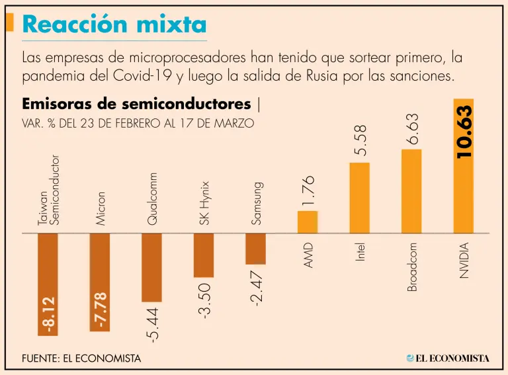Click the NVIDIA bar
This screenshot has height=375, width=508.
click(463, 198)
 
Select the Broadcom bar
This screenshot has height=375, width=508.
click(411, 192)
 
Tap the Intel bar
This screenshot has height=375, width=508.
click(359, 198)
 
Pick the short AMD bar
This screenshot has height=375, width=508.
click(308, 222)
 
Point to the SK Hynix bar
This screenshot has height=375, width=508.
click(204, 255)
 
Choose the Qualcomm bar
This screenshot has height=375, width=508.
click(151, 268)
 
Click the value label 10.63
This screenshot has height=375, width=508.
click(464, 132)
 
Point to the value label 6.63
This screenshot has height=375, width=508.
click(412, 128)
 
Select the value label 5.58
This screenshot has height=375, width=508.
click(360, 141)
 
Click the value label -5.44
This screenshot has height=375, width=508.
click(153, 323)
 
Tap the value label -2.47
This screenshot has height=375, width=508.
click(257, 285)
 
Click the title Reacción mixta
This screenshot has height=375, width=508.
click(114, 24)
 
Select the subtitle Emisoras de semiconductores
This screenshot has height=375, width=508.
click(136, 104)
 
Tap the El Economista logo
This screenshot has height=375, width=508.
click(448, 358)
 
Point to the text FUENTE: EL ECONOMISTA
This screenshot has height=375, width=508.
click(81, 358)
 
